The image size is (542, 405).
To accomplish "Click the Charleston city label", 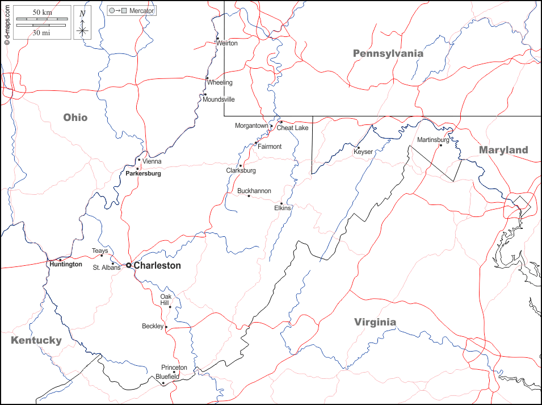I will (157, 265).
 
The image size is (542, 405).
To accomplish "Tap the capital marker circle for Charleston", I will (129, 265).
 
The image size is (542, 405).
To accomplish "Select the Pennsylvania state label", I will (388, 53).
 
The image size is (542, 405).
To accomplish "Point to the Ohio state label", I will (75, 117).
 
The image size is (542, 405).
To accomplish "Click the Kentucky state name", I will (36, 340).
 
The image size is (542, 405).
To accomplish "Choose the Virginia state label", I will (375, 322).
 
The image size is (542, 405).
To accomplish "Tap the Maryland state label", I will (503, 150).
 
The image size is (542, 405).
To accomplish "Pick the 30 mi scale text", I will (41, 33).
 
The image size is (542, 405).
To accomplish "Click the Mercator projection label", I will (141, 11).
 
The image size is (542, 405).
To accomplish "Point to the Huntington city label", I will (65, 264).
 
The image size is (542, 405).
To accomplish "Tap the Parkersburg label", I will (143, 173).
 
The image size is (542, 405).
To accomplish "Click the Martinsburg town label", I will (433, 140).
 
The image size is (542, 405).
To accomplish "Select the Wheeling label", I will (220, 82).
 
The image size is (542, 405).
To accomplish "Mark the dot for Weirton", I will (217, 39).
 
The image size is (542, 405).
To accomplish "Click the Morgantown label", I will (251, 126).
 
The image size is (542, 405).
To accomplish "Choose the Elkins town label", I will (282, 208).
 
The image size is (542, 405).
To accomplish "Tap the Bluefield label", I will (167, 376).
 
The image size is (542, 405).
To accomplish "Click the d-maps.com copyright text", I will (7, 23).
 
